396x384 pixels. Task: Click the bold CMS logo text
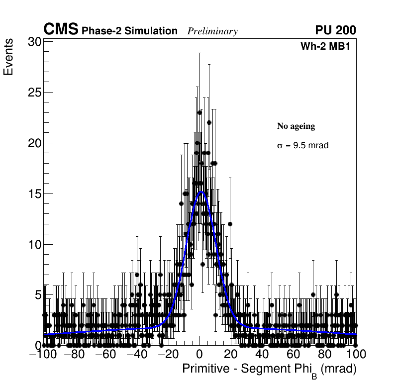point(61,30)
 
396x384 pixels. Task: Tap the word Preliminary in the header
point(212,31)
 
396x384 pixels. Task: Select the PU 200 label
point(335,30)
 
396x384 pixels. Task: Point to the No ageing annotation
point(296,126)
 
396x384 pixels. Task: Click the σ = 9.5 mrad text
point(302,146)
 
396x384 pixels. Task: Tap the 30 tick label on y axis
point(34,42)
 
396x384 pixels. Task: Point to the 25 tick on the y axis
point(34,93)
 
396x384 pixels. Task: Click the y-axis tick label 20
point(34,143)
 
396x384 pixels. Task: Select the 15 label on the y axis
point(34,194)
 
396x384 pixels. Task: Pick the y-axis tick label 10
point(34,245)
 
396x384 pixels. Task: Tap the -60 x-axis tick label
point(105,354)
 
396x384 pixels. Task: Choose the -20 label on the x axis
point(168,354)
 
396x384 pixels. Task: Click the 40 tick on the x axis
point(262,354)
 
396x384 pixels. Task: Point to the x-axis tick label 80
point(325,354)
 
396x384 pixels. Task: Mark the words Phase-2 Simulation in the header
point(129,31)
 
